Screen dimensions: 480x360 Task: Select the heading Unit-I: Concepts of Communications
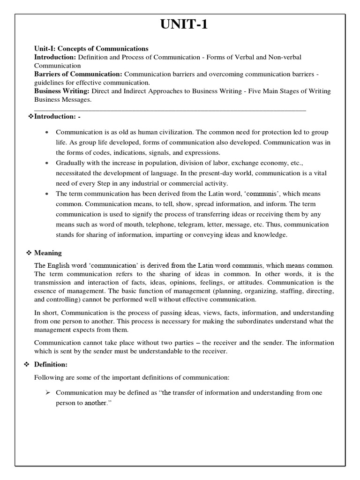pos(91,49)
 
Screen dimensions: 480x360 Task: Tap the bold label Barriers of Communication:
pos(78,74)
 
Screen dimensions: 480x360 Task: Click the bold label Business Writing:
pos(62,91)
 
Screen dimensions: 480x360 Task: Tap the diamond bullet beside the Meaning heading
pos(28,253)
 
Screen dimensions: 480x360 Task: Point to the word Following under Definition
pos(48,378)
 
